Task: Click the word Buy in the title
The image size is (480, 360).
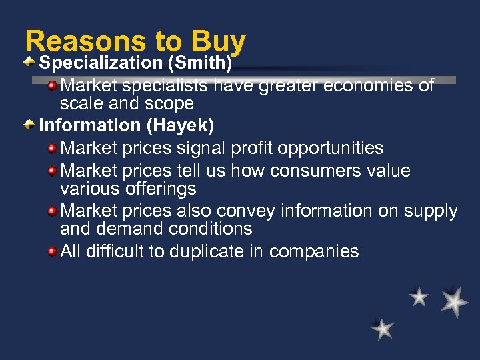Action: click(x=218, y=42)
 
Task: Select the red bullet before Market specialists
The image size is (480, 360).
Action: click(x=52, y=85)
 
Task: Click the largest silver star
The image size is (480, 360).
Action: click(x=455, y=301)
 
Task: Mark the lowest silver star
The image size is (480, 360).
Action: click(x=383, y=328)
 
